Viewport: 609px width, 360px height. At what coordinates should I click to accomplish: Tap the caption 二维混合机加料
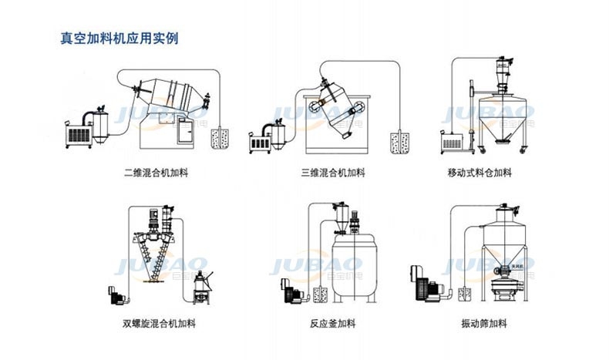click(x=156, y=173)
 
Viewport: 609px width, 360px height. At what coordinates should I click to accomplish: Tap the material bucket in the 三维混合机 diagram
click(x=400, y=141)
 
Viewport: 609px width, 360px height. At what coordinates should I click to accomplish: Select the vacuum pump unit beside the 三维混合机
click(x=264, y=139)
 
